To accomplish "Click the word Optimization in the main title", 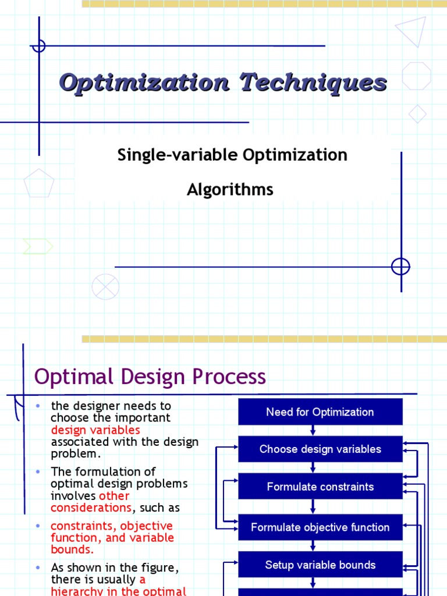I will point(144,83).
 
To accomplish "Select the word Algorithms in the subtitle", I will point(230,189).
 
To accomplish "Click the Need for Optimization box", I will point(320,412).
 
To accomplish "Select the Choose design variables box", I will point(320,449).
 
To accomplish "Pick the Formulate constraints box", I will point(320,487).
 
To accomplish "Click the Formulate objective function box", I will point(320,527).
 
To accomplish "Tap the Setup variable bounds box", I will point(320,565).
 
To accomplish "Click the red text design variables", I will point(95,430).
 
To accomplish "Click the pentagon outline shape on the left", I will point(39,184).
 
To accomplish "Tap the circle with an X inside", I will point(105,287).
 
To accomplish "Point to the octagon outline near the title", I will point(417,76).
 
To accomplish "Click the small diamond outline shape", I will point(417,113).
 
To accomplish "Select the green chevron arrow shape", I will point(37,247).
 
